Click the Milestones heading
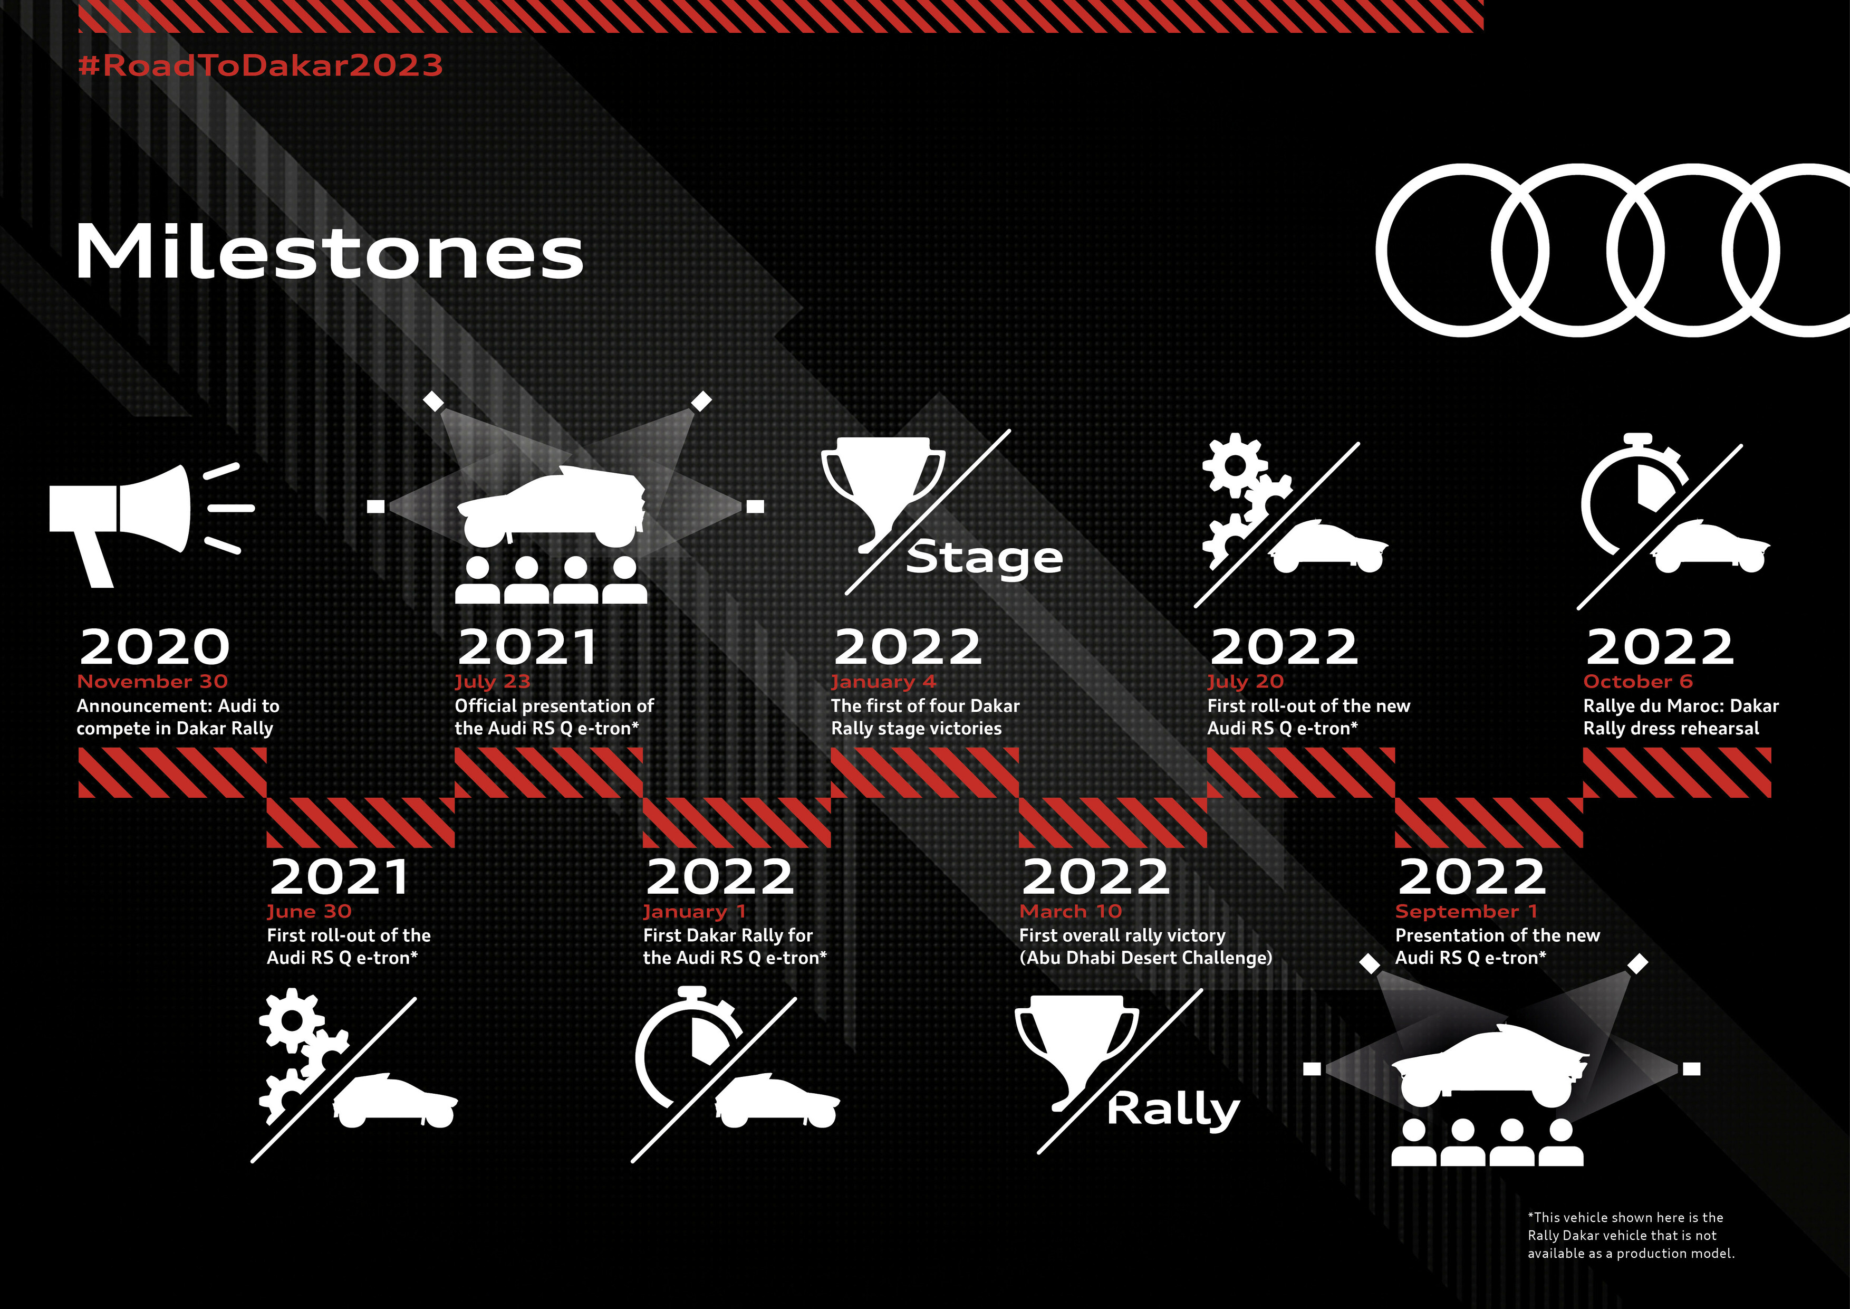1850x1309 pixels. [x=330, y=252]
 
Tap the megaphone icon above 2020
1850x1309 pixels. [x=151, y=525]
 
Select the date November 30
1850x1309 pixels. [x=152, y=681]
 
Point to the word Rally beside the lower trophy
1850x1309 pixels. [x=1173, y=1110]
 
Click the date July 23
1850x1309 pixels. [x=493, y=682]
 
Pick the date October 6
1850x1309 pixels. [x=1637, y=681]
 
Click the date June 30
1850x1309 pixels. [x=310, y=912]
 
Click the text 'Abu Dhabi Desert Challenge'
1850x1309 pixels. [x=1146, y=958]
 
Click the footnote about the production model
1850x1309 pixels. [x=1631, y=1235]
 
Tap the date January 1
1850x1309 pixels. [x=695, y=912]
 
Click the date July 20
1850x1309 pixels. [x=1245, y=682]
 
